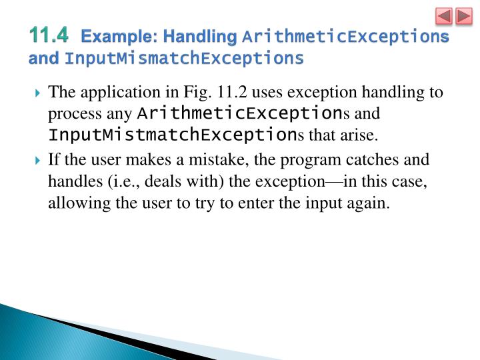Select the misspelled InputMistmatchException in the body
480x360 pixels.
[173, 135]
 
